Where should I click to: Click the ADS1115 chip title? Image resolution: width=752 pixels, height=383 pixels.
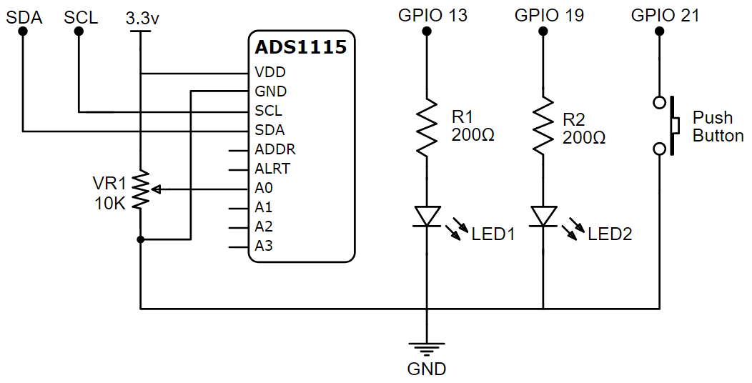(x=300, y=48)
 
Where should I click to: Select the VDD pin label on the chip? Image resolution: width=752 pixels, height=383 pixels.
(x=270, y=73)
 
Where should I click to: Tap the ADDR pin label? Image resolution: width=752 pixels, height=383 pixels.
(x=274, y=150)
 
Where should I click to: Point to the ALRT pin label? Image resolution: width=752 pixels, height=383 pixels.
(x=272, y=169)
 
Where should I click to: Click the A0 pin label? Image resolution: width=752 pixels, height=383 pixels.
(x=264, y=189)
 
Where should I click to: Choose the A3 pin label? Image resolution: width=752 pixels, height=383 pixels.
(x=264, y=246)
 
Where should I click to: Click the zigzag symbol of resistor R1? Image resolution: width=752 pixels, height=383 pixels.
(x=427, y=127)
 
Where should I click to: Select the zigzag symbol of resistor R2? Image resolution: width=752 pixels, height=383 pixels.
(x=543, y=127)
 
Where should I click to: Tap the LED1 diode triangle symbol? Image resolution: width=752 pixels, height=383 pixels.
(x=427, y=216)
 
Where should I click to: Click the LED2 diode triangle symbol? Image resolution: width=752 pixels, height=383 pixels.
(x=543, y=216)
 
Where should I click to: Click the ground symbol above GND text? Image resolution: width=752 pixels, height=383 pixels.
(x=427, y=349)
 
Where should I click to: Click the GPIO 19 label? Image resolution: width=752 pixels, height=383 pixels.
(x=548, y=15)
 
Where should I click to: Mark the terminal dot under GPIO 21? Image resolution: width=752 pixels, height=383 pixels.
(x=659, y=32)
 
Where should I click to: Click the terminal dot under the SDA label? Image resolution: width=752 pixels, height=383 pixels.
(x=23, y=32)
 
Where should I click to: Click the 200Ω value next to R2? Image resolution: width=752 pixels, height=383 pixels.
(x=584, y=137)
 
